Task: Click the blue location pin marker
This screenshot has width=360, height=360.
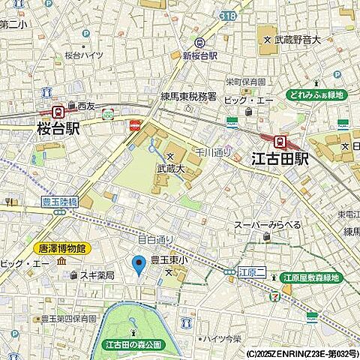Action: (x=138, y=265)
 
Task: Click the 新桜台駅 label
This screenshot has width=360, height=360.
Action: (x=199, y=56)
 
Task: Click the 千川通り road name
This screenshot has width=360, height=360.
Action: (x=213, y=152)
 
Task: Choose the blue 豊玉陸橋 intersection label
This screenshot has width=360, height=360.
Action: (x=59, y=202)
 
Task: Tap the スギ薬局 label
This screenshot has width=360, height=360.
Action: (x=97, y=276)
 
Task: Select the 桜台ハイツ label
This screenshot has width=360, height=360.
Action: (x=83, y=55)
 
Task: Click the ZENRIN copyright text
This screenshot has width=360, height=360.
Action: (x=302, y=353)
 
